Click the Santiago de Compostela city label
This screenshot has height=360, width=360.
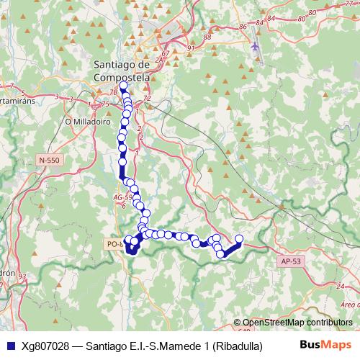click(x=122, y=69)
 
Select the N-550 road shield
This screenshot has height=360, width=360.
click(x=50, y=160)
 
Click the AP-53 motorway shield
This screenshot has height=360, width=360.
click(x=292, y=262)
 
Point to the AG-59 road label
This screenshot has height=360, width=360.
click(x=123, y=196)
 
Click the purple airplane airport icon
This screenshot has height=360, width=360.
click(x=255, y=47)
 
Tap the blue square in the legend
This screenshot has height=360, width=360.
click(x=9, y=345)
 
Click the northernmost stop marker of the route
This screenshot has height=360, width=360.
click(x=123, y=86)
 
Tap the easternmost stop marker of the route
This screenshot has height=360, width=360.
click(x=239, y=240)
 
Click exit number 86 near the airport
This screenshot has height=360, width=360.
click(x=243, y=27)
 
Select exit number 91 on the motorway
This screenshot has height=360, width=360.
click(x=191, y=48)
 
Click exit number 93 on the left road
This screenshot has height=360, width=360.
click(x=23, y=276)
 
